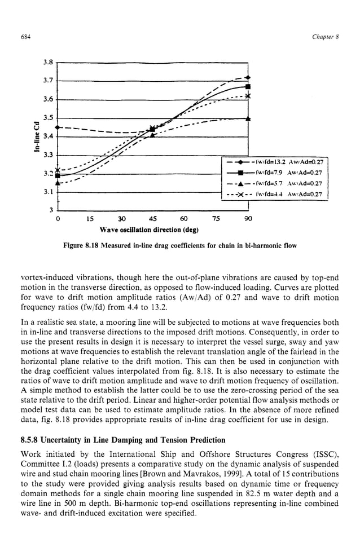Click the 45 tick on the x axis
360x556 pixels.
point(152,218)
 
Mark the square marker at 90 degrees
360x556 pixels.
point(248,87)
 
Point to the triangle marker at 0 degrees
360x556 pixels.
point(58,182)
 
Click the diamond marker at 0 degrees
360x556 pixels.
point(58,127)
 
